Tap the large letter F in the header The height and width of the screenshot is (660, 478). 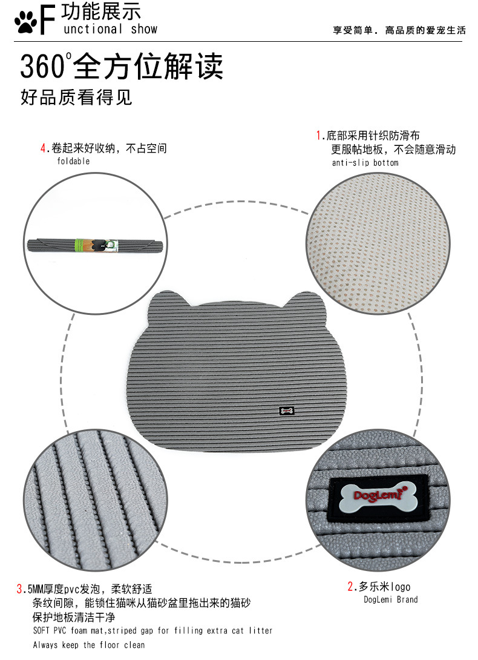point(48,20)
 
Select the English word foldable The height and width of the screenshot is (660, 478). point(73,162)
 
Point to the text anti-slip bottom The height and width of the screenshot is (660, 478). point(365,163)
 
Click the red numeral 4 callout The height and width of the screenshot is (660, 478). point(43,148)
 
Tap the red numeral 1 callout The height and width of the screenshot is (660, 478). point(319,135)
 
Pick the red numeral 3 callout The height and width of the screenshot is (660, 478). point(19,589)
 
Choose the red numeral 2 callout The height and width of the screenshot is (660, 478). point(350,586)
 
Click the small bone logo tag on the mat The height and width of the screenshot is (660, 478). point(287,411)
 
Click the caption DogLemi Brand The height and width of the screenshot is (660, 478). point(390,600)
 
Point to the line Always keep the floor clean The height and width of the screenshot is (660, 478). point(89,645)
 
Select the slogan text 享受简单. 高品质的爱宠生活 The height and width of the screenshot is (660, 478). point(399,30)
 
